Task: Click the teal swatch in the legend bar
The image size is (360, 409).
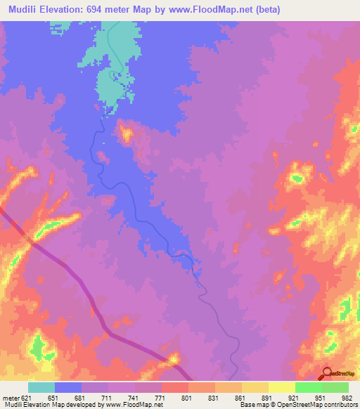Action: [x=41, y=387]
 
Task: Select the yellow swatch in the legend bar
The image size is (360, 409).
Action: [x=281, y=387]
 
